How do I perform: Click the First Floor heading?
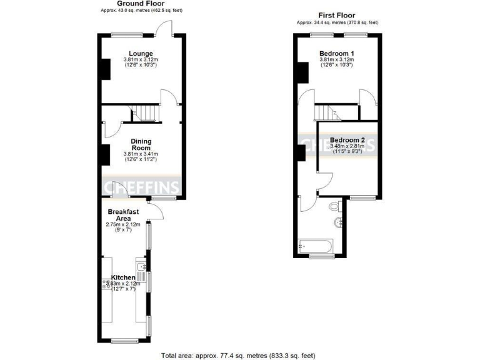pyautogui.click(x=337, y=15)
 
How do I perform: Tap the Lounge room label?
pyautogui.click(x=140, y=53)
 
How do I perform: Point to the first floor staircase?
pyautogui.click(x=325, y=112)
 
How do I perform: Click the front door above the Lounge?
pyautogui.click(x=164, y=28)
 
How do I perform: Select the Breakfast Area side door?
pyautogui.click(x=156, y=212)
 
